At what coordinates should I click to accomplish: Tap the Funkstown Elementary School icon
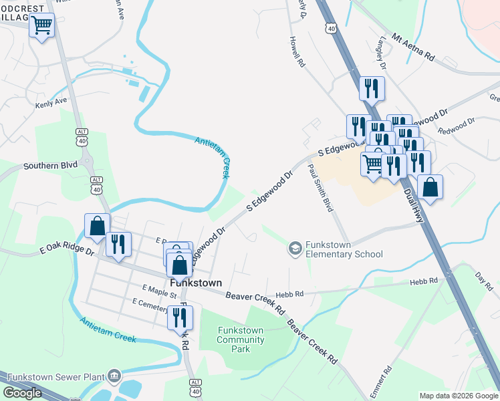click(x=295, y=249)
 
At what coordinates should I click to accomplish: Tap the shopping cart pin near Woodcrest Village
click(x=42, y=26)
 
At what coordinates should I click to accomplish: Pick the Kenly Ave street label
click(x=52, y=103)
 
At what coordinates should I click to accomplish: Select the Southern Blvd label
click(x=50, y=164)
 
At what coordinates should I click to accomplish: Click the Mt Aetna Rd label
click(x=414, y=48)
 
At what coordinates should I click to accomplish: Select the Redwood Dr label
click(x=455, y=125)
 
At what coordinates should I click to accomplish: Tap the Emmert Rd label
click(x=386, y=380)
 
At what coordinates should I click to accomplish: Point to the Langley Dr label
click(x=382, y=53)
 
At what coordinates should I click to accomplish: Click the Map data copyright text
click(x=459, y=396)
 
